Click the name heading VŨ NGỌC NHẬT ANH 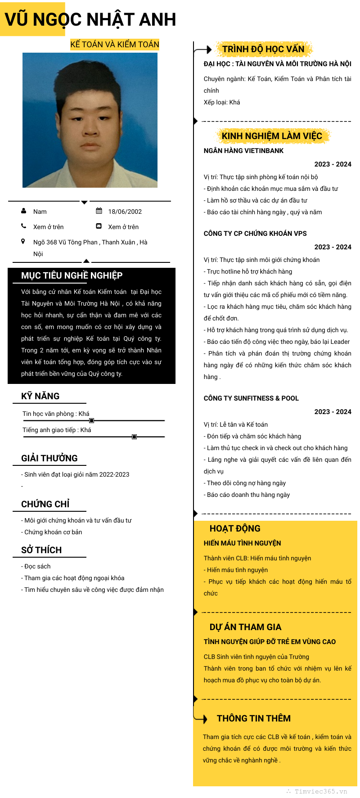point(90,20)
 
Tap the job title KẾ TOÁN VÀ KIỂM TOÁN point(115,45)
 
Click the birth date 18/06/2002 point(125,212)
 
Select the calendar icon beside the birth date point(99,211)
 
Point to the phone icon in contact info point(24,226)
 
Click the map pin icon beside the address point(23,242)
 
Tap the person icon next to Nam point(24,211)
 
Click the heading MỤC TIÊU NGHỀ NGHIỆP point(72,275)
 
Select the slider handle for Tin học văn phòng point(92,420)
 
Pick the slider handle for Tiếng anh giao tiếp point(134,437)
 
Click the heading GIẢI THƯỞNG point(49,458)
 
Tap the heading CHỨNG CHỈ point(45,504)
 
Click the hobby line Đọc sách point(37,566)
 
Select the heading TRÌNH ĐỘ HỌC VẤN point(263,49)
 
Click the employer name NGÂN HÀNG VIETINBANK point(243,151)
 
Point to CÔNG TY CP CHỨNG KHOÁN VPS point(255,234)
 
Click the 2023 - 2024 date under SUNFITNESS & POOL point(333,412)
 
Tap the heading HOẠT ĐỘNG point(235,528)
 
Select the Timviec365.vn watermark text point(320,791)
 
